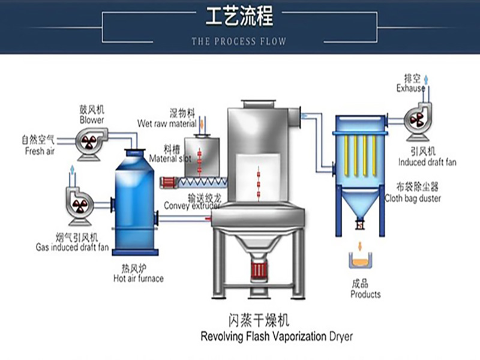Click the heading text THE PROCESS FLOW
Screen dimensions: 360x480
239,41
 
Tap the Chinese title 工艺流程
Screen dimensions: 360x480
239,17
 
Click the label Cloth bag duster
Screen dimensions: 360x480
421,197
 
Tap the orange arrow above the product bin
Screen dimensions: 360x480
359,247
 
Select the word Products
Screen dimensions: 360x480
365,294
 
